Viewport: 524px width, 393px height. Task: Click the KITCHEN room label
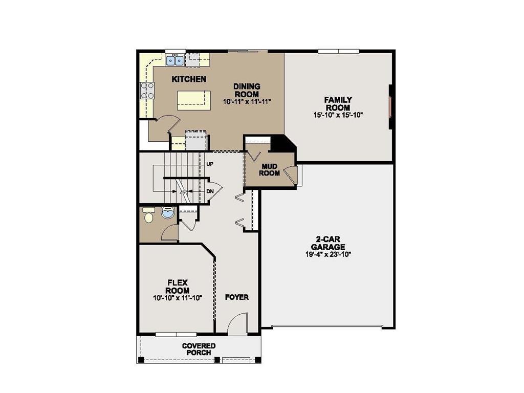189,79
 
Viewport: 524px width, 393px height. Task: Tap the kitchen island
194,99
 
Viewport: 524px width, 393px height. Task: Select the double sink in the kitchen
174,61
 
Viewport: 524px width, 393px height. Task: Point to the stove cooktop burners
147,91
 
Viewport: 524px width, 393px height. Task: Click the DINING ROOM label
247,90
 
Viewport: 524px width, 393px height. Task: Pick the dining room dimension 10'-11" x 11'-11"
247,102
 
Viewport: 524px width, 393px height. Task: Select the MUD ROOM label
270,169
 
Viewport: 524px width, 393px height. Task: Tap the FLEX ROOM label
178,287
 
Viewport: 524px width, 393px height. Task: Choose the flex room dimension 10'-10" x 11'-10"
178,298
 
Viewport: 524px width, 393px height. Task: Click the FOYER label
237,297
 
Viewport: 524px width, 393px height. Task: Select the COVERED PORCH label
199,350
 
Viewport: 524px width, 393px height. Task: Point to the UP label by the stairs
210,164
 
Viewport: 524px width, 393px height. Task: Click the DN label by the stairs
210,191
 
